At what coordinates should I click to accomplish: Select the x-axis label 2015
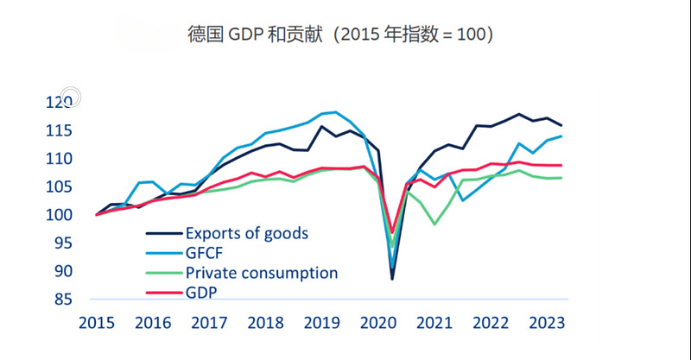coord(96,323)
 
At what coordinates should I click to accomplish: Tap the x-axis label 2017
coord(208,323)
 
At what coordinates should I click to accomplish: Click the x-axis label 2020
coord(377,323)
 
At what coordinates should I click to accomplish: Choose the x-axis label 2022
coord(491,323)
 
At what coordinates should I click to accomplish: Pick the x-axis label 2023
coord(547,323)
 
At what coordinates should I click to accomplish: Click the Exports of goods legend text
coord(247,233)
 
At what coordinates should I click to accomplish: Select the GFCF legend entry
coord(204,253)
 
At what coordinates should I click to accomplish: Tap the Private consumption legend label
coord(262,273)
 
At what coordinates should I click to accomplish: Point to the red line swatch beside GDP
coord(162,293)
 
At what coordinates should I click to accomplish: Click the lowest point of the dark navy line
coord(392,279)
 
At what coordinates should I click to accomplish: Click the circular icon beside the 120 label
coord(71,98)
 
